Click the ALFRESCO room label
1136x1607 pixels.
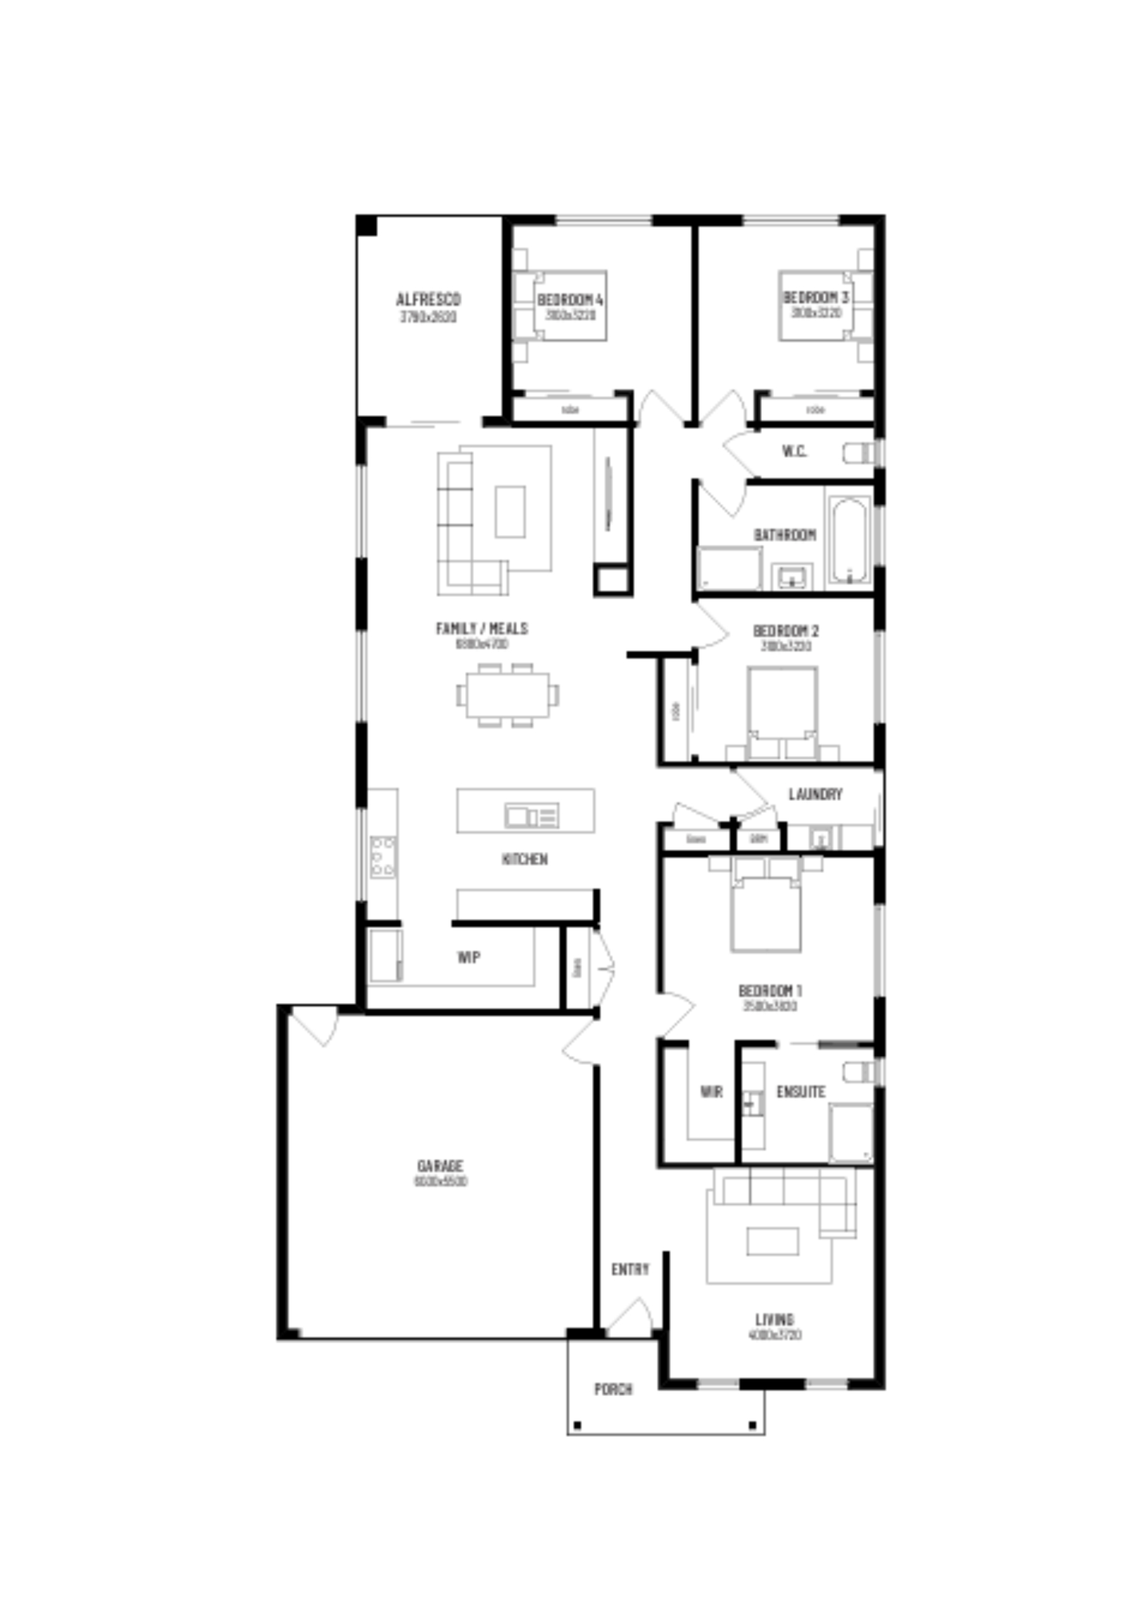(x=429, y=299)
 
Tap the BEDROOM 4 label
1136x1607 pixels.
(x=570, y=299)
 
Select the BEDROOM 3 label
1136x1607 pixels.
(x=815, y=298)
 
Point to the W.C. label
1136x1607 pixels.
(x=795, y=451)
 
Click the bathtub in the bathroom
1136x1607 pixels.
(x=850, y=540)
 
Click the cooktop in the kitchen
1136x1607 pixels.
(x=383, y=857)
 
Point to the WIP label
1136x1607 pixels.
(x=469, y=957)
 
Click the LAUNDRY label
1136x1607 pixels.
(x=815, y=795)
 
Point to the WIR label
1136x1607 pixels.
(x=711, y=1092)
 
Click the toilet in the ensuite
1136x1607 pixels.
(x=858, y=1072)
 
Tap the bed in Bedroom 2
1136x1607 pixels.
(x=782, y=712)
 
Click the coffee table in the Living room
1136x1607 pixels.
(x=773, y=1242)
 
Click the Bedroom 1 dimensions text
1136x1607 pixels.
(x=770, y=1006)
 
